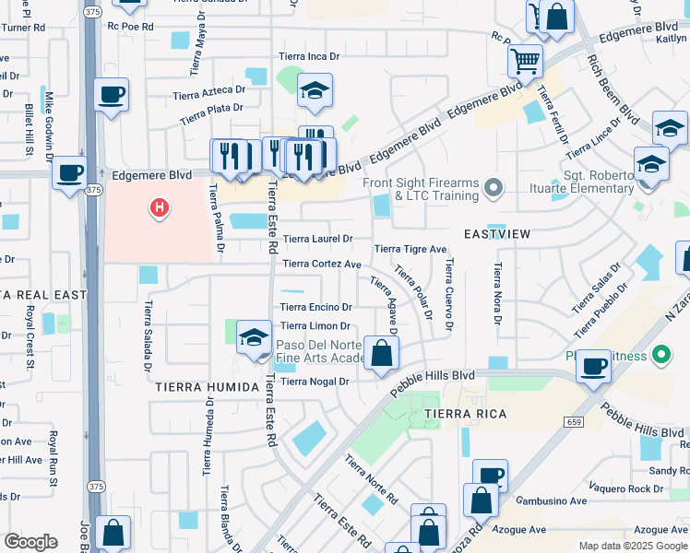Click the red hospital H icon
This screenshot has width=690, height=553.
[160, 208]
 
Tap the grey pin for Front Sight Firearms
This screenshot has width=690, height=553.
[494, 189]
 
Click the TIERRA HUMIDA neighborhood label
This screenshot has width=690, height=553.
[206, 387]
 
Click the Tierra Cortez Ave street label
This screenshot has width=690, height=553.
[321, 264]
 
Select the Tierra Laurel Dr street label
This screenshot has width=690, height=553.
[317, 239]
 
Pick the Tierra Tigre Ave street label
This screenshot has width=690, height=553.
[410, 249]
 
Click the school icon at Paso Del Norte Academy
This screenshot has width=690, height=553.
[254, 337]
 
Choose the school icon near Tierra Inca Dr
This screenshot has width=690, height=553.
[315, 90]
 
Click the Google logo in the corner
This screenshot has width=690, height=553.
[30, 542]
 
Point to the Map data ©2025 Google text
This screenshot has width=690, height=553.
[632, 546]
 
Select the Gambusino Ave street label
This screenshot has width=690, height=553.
[552, 500]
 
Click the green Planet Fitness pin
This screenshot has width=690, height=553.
[660, 354]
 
